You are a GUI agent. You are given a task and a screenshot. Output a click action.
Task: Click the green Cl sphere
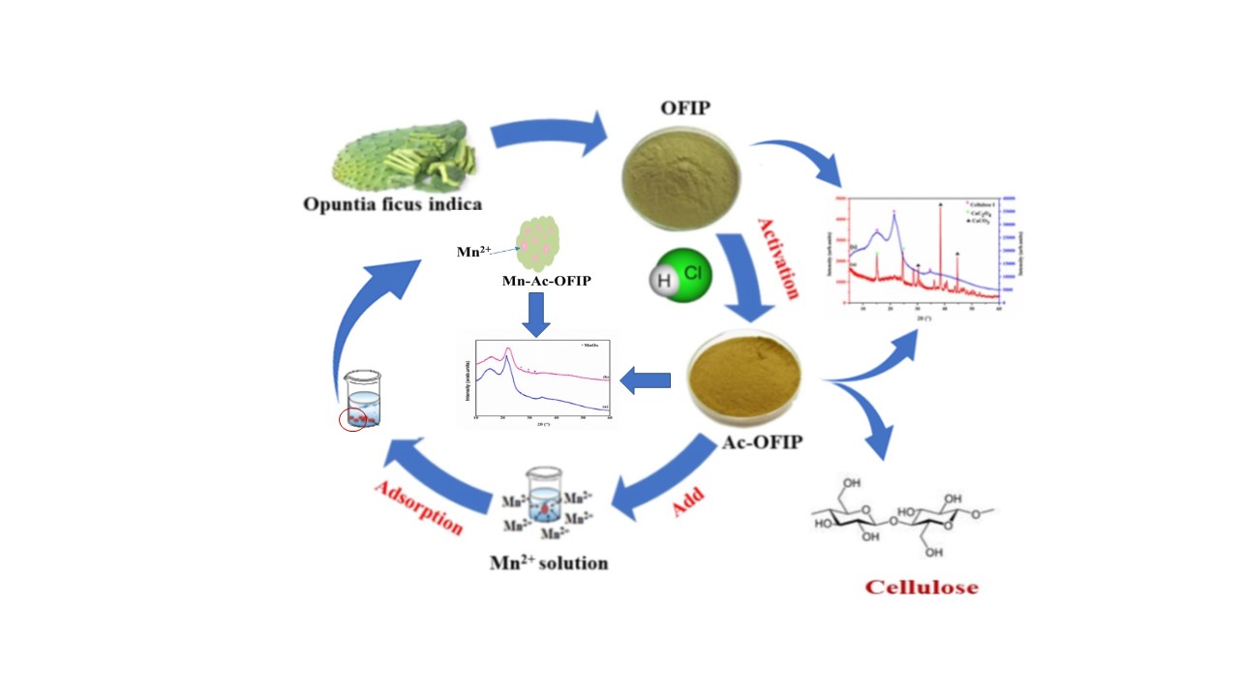tap(691, 275)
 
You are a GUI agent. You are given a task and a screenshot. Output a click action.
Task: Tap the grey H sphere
tap(663, 280)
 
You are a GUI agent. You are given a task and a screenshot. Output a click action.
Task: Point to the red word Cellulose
tap(922, 587)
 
